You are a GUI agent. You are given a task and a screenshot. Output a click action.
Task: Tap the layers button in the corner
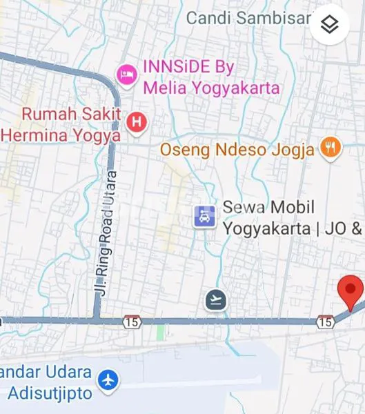[x=330, y=25]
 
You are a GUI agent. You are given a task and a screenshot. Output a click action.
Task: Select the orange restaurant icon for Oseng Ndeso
[x=332, y=148]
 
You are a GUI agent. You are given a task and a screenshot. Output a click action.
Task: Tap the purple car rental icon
[x=205, y=217]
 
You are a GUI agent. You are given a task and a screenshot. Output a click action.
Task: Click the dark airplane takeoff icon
[x=216, y=299]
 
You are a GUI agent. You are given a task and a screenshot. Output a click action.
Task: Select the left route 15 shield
[x=131, y=322]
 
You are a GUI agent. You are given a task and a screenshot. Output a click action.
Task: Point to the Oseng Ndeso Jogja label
[x=237, y=148]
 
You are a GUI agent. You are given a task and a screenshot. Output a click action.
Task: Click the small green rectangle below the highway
[x=161, y=332]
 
